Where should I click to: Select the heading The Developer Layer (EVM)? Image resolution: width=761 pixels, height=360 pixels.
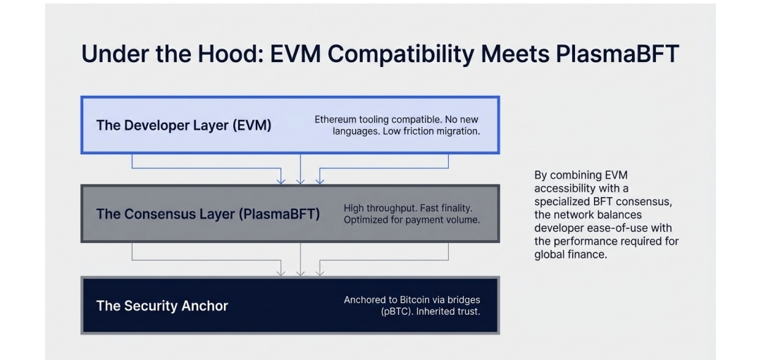[x=183, y=125]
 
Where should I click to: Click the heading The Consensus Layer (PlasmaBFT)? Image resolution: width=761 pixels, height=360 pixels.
[x=208, y=214]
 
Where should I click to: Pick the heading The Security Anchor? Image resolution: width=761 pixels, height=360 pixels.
[x=162, y=306]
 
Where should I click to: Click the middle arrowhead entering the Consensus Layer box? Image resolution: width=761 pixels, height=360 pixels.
[x=301, y=181]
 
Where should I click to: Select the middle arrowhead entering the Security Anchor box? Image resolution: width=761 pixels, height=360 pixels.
[x=301, y=272]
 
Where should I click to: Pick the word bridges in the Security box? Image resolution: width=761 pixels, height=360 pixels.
[x=463, y=299]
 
